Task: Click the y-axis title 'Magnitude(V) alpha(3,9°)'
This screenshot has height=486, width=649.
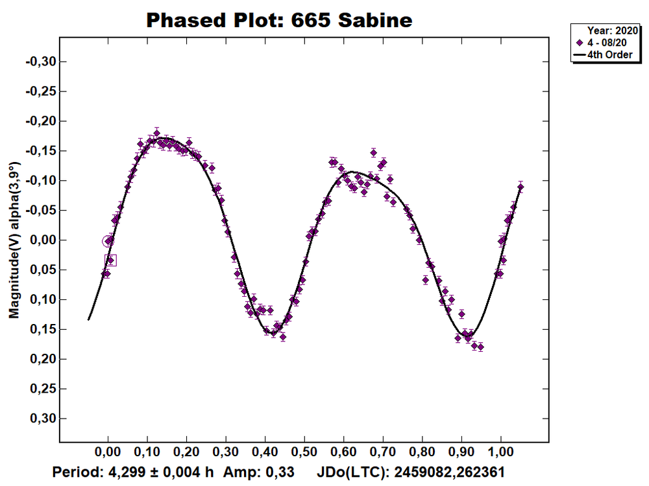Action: [14, 240]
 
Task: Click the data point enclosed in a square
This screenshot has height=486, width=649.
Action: [110, 260]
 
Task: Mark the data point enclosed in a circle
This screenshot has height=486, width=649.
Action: [108, 241]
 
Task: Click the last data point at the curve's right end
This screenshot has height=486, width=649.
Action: [520, 187]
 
